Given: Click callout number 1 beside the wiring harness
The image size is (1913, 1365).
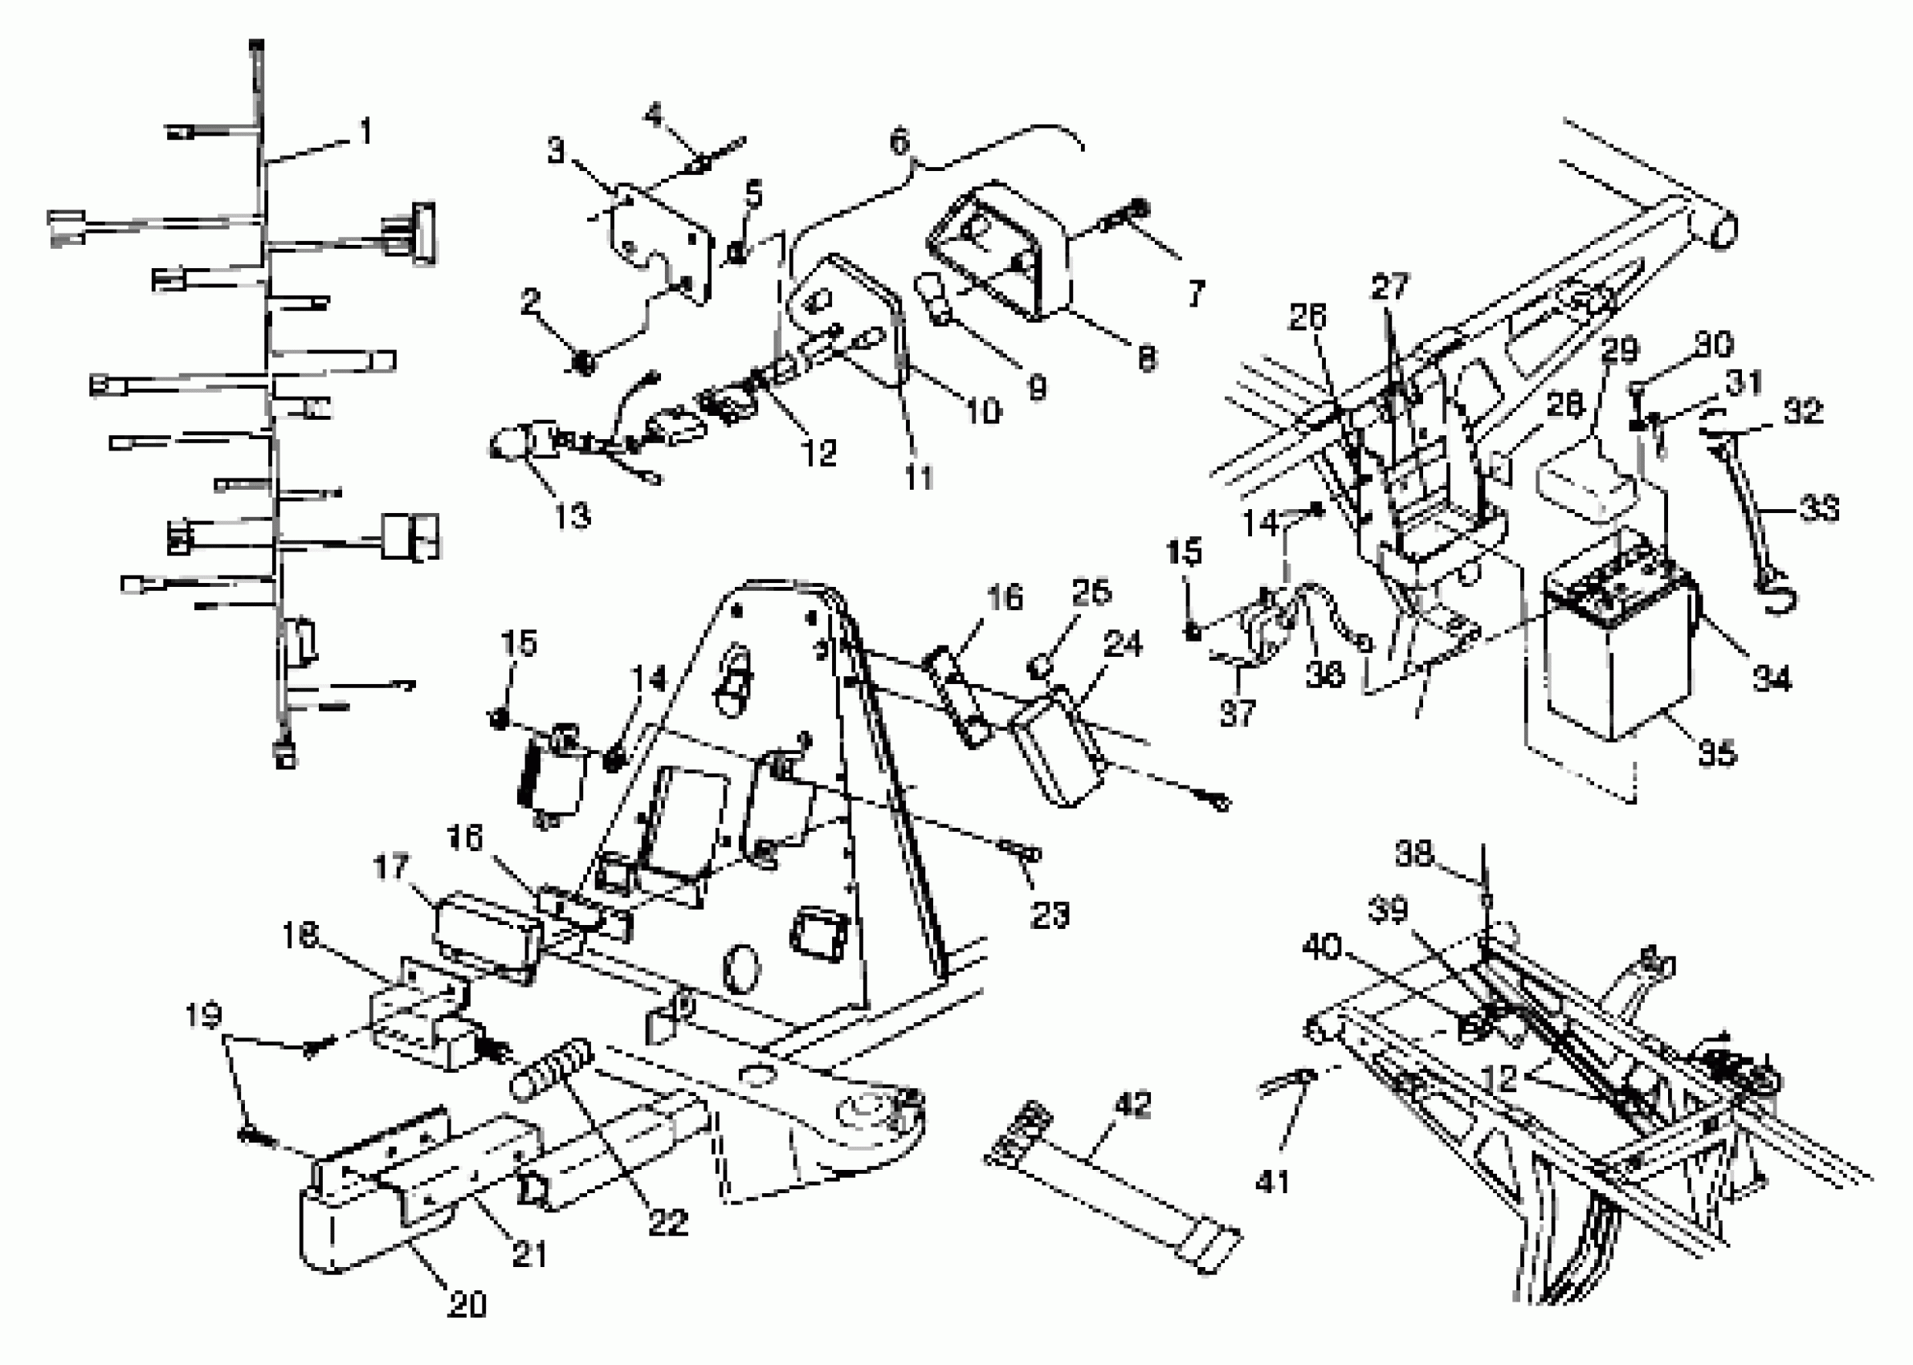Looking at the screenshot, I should [364, 132].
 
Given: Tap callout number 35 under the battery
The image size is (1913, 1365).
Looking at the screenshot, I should [1716, 752].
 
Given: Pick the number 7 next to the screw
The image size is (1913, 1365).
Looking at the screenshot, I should [1194, 293].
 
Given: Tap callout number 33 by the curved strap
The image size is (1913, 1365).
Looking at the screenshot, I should [1819, 508].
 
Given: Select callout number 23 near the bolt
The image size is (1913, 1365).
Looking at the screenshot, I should [1049, 914].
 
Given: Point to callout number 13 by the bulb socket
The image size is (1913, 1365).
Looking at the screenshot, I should [572, 515].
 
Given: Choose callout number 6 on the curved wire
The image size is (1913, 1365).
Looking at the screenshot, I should [899, 141].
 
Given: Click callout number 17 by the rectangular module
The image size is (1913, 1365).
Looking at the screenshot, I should [391, 866].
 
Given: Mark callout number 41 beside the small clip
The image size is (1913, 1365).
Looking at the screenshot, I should [1271, 1182].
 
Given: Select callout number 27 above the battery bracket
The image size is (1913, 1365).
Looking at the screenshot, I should [1389, 287].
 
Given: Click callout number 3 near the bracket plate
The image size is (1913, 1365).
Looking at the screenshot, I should [556, 152].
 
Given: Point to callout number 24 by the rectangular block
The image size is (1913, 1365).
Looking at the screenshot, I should [1123, 645].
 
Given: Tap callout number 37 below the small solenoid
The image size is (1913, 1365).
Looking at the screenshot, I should [1238, 713].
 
